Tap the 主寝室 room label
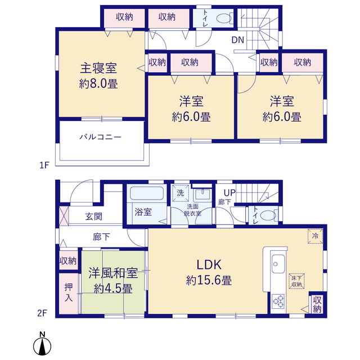point(98,68)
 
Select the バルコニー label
point(100,137)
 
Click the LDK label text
point(209,264)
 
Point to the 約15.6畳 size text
point(209,280)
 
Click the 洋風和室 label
point(113,273)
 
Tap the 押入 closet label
point(69,292)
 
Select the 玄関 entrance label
point(94,216)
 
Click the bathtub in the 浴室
point(147,193)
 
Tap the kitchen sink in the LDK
point(278,264)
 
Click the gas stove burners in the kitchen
point(278,301)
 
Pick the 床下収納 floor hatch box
point(296,281)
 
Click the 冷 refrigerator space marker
point(315,236)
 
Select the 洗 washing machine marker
point(181,193)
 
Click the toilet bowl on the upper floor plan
point(224,19)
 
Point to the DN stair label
point(237,40)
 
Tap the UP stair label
point(229,193)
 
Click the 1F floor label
point(44,165)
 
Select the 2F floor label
point(42,313)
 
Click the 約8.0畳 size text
point(98,84)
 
